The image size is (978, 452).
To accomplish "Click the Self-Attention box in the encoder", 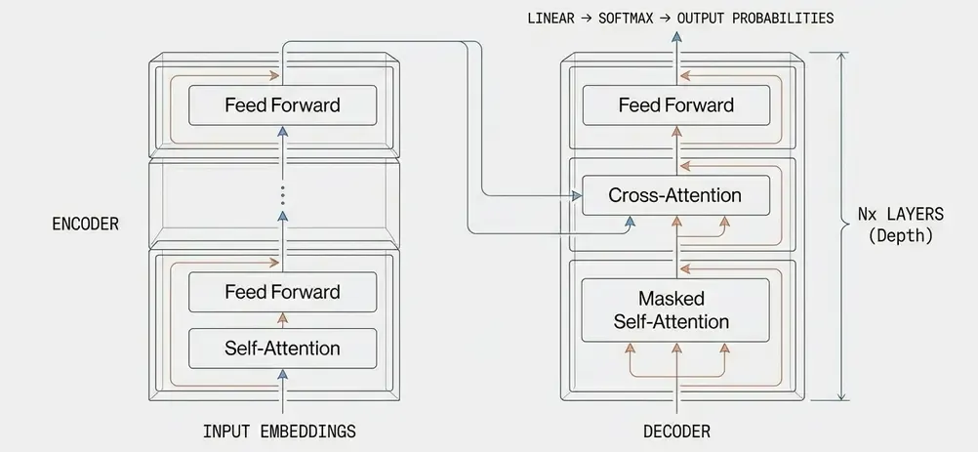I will coord(282,348).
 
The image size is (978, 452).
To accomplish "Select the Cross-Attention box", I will coord(674,195).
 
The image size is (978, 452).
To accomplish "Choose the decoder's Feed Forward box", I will coord(674,104).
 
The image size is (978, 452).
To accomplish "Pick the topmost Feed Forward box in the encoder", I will coord(282,104).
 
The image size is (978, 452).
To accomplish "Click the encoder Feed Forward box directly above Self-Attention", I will coord(282,292).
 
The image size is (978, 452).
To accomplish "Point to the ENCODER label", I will coord(85,225).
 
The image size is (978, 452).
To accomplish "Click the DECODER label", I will coord(676,431).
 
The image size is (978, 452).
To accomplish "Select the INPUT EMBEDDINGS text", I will coord(279,431).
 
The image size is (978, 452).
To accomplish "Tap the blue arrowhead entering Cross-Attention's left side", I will coord(574,196).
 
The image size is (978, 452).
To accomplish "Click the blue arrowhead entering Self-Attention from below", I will coord(282,373).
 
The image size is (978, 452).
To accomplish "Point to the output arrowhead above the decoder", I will coord(673,36).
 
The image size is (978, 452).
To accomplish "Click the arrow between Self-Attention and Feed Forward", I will coord(282,319).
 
